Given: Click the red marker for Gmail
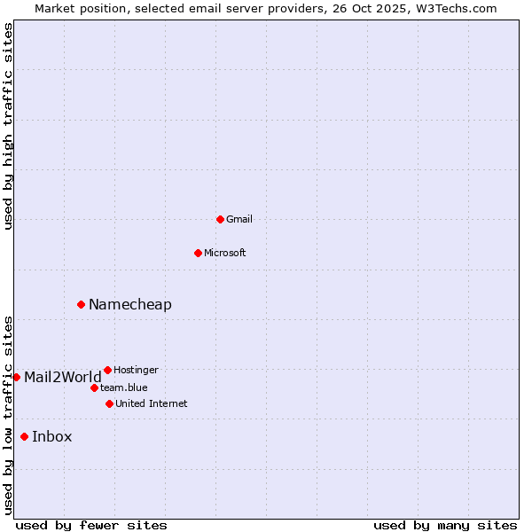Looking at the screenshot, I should pos(220,219).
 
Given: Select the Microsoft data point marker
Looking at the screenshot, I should pos(198,253).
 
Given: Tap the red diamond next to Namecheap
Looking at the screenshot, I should pos(81,304).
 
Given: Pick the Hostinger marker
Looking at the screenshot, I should pos(107,370).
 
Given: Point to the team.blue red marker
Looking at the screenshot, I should pos(94,387).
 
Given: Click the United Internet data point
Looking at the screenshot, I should pos(109,403).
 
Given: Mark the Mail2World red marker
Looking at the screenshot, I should pos(16,377).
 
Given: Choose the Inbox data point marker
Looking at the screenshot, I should pos(24,436).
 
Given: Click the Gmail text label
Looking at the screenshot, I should pos(239,219).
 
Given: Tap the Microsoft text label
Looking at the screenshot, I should pos(225,253).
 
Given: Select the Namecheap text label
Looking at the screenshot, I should pos(130,305).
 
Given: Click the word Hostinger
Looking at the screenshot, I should pos(137,370).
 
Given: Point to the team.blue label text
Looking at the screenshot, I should pos(124,387).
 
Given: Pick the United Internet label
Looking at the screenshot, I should pos(152,403).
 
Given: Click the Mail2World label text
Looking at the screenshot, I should pos(63,378).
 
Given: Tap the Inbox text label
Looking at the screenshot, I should pos(52,437).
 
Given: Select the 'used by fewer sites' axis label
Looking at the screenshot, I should pos(91,525).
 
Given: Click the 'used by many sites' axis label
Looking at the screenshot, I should pos(445,525).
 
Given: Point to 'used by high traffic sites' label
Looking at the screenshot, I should pos(8,126).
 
